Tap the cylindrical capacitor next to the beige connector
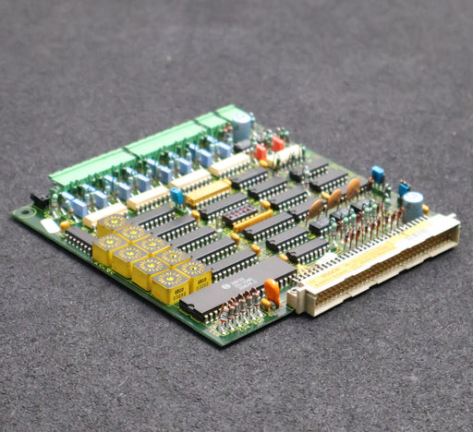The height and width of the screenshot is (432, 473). coord(413,204)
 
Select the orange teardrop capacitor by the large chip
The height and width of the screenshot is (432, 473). coord(272,292)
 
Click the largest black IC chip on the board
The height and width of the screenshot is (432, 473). coord(238,290)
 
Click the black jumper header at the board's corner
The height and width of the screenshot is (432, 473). coord(40,198)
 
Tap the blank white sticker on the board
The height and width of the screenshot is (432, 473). coord(50,225)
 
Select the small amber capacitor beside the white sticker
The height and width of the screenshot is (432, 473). coord(65,224)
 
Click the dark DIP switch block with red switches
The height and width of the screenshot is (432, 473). coord(239,215)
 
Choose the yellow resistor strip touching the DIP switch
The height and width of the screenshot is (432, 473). coord(254,220)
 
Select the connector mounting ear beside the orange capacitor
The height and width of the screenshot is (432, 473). coord(295,298)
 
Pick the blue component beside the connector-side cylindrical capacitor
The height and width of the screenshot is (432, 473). coord(404,189)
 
